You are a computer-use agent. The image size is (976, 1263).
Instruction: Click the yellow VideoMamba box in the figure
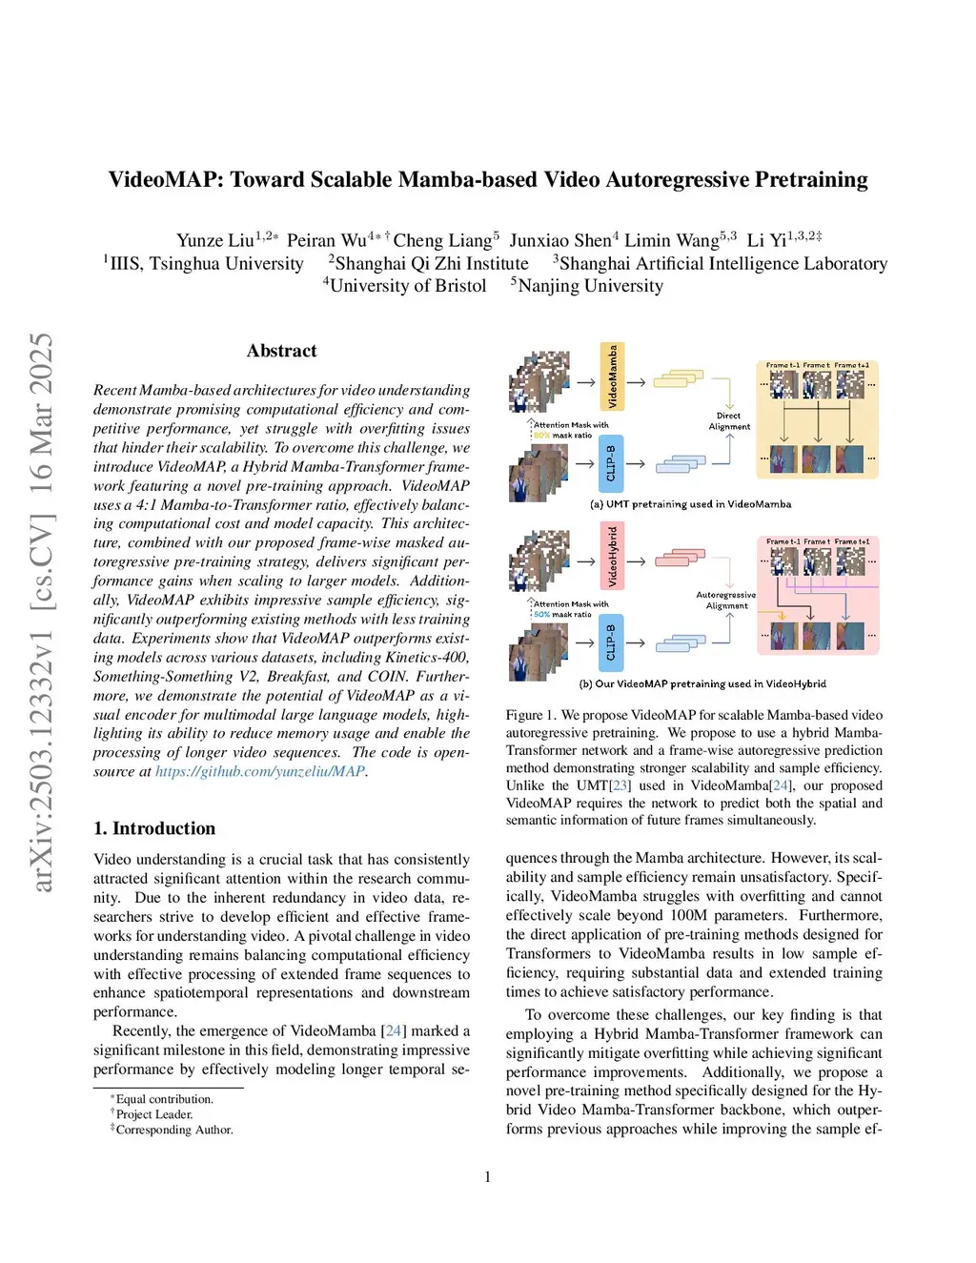click(x=612, y=377)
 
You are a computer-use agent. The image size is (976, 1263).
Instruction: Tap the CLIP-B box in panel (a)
click(x=611, y=464)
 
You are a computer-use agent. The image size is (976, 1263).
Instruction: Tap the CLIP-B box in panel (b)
click(x=611, y=642)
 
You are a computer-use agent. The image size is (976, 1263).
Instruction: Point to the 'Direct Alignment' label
click(x=729, y=421)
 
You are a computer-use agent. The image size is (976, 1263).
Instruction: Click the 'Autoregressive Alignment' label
click(x=725, y=600)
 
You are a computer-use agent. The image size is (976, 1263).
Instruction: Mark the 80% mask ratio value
click(x=541, y=436)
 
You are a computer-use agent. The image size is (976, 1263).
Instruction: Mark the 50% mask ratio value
click(x=541, y=615)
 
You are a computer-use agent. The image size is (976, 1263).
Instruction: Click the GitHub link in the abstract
click(x=259, y=771)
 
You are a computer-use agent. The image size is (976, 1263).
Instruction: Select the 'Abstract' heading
click(x=281, y=351)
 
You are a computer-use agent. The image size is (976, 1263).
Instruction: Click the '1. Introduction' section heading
click(x=154, y=828)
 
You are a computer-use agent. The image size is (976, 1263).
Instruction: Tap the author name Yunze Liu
click(x=214, y=240)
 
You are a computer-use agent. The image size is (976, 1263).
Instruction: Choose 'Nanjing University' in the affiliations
click(x=590, y=286)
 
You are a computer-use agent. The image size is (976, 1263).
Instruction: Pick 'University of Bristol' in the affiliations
click(x=408, y=286)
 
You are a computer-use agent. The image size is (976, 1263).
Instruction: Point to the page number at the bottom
click(x=488, y=1177)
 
